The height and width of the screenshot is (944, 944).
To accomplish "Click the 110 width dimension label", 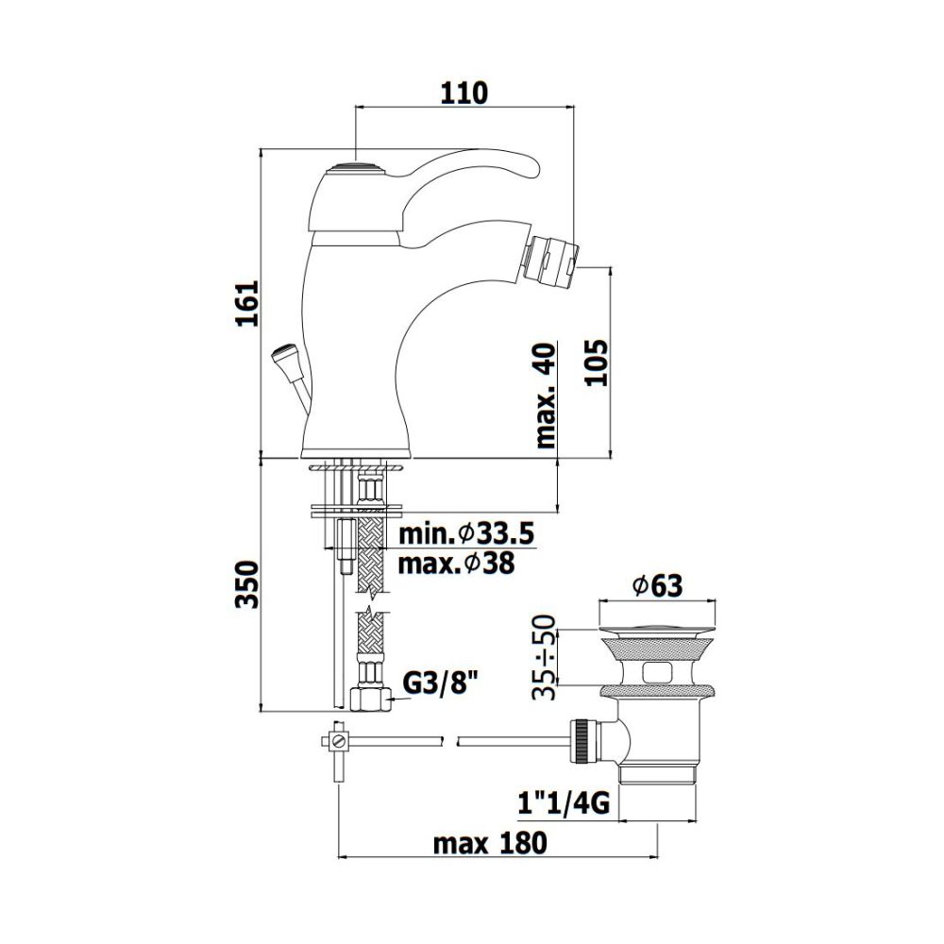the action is [x=464, y=93].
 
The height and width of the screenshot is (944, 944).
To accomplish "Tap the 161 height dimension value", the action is [x=246, y=303].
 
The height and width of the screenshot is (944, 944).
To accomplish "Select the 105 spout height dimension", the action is [x=597, y=362].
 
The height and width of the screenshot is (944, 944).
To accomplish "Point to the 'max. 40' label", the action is [x=546, y=395].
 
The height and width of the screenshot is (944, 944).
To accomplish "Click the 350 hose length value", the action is [x=246, y=584].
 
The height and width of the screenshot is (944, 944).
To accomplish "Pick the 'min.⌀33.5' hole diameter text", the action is [x=466, y=534].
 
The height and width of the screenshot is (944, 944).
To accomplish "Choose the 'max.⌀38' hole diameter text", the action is [x=456, y=564].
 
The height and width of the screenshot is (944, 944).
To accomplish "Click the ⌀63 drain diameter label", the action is [x=657, y=585].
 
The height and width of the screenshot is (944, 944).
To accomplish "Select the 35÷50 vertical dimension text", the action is [x=545, y=657].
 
